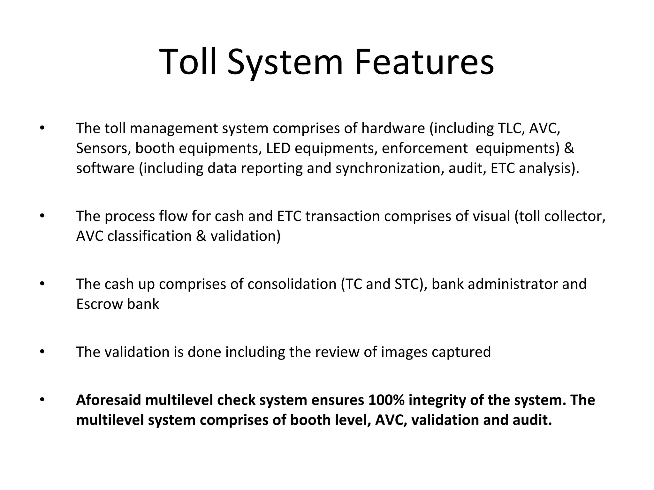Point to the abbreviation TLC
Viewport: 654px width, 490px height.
point(511,128)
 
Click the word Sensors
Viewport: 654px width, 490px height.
point(103,148)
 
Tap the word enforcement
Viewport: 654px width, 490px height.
point(424,148)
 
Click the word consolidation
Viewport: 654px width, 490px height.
point(292,284)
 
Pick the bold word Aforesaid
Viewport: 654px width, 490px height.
point(108,400)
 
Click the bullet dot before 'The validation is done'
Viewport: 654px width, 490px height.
point(42,352)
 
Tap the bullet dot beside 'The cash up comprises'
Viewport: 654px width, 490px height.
point(42,284)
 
